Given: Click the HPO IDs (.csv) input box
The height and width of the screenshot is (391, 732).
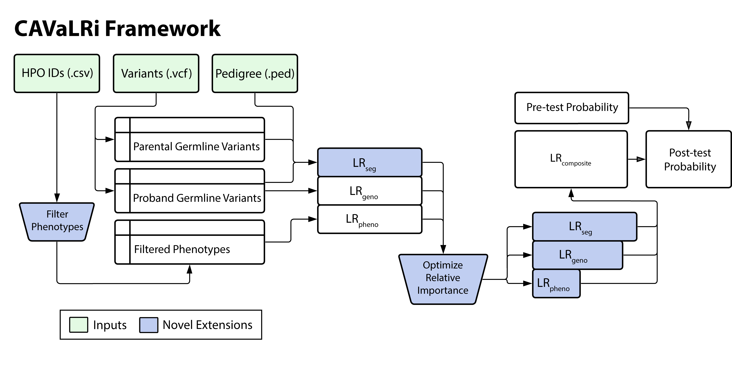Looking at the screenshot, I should tap(57, 73).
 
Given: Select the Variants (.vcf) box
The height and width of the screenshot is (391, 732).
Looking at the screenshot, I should tap(156, 73).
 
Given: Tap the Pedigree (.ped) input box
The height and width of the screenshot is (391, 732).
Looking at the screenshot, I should tap(255, 73).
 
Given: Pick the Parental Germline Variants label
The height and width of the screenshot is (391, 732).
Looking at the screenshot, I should tap(196, 146).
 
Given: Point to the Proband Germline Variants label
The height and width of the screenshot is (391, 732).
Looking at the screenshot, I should tap(197, 198).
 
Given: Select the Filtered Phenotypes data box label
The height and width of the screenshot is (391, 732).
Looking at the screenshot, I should tap(182, 249).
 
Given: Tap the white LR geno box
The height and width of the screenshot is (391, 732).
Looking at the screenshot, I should tap(369, 191).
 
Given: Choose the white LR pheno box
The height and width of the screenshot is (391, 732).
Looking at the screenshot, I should tap(369, 219).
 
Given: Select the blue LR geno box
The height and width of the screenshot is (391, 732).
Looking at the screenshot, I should tap(577, 255).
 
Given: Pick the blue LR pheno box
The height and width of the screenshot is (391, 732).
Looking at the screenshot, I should tap(556, 283).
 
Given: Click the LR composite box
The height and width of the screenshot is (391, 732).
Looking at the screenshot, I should tap(571, 159).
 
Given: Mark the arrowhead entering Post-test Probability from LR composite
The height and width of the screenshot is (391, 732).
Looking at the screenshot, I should tap(641, 159).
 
